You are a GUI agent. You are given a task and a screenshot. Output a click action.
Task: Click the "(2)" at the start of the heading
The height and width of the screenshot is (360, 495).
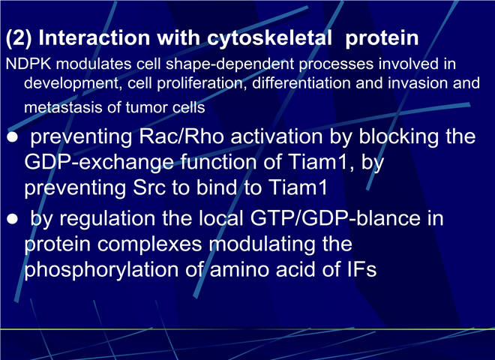coord(19,38)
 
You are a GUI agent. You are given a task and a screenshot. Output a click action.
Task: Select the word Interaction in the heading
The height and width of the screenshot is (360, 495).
coord(94,38)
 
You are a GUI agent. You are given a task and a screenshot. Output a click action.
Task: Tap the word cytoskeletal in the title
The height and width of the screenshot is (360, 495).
coord(269,38)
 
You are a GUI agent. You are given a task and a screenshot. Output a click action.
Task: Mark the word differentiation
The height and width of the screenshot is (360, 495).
coord(301,83)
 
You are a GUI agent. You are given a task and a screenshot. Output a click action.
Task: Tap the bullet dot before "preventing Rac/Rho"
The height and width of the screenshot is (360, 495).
coord(12,138)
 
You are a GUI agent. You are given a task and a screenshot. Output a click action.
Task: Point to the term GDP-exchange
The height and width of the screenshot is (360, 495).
coord(99,162)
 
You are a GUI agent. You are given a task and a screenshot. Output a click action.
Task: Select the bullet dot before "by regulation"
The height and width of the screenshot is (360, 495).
coord(12,219)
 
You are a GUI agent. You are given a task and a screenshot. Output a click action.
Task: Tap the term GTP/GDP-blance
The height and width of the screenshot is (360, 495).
coord(335,218)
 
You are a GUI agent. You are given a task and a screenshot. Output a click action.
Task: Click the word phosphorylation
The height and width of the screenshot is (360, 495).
coord(102,271)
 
